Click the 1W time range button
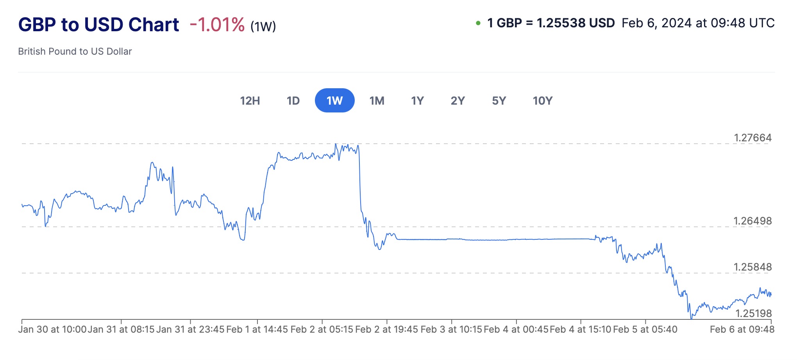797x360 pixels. click(x=334, y=101)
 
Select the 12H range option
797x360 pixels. click(x=250, y=101)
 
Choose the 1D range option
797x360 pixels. click(x=293, y=101)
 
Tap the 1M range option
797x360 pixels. click(x=377, y=101)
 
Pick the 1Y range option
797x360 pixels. click(x=417, y=101)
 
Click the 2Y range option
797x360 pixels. click(x=457, y=101)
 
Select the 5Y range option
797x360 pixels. click(x=499, y=101)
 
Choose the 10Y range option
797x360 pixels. click(x=542, y=101)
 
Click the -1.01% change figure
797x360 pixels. click(x=217, y=25)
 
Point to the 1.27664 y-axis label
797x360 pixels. click(x=752, y=138)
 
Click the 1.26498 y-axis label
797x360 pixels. click(x=752, y=221)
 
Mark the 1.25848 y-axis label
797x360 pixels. click(x=752, y=267)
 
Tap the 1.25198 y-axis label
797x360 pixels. click(x=753, y=314)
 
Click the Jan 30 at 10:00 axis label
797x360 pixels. click(x=52, y=330)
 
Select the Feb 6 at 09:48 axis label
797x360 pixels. click(x=742, y=330)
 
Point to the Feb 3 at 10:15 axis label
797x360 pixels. click(x=451, y=330)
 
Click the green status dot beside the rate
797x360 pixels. click(x=478, y=23)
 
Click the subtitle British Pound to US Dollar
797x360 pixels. click(x=75, y=52)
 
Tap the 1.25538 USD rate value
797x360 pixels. click(x=575, y=23)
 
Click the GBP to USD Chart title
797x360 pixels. click(x=98, y=25)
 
